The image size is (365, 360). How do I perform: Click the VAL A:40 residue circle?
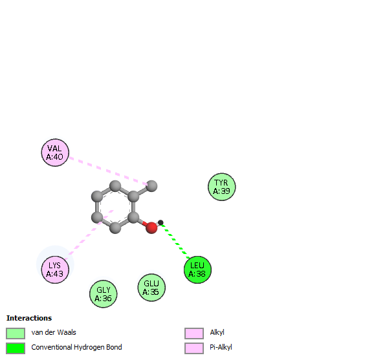point(55,153)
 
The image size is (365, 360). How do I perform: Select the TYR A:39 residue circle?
point(221,187)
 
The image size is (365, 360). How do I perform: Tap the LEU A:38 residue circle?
point(197,270)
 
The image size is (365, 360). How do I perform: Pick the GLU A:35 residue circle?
point(151,288)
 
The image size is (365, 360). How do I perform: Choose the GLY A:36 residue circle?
point(104,294)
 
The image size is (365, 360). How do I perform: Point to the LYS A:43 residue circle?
point(55,270)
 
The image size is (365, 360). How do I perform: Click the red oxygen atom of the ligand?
point(151,228)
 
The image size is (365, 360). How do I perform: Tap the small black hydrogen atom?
point(160,222)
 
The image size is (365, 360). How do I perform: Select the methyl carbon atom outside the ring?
point(151,186)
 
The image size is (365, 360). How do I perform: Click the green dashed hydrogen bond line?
point(175,241)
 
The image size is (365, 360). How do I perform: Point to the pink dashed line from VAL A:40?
point(109,171)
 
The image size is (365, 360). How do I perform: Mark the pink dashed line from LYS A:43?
point(89,235)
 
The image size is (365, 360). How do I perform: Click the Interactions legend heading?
point(29,318)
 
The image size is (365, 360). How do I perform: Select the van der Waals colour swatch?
point(16,334)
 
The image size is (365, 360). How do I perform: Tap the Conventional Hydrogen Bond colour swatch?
point(16,348)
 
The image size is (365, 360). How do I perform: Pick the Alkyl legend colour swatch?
point(194,334)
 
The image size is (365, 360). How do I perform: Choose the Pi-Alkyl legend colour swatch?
point(194,348)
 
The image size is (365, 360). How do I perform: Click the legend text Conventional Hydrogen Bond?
point(76,347)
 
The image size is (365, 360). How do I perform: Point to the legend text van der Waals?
point(54,332)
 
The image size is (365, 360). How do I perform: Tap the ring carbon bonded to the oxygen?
point(133,217)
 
